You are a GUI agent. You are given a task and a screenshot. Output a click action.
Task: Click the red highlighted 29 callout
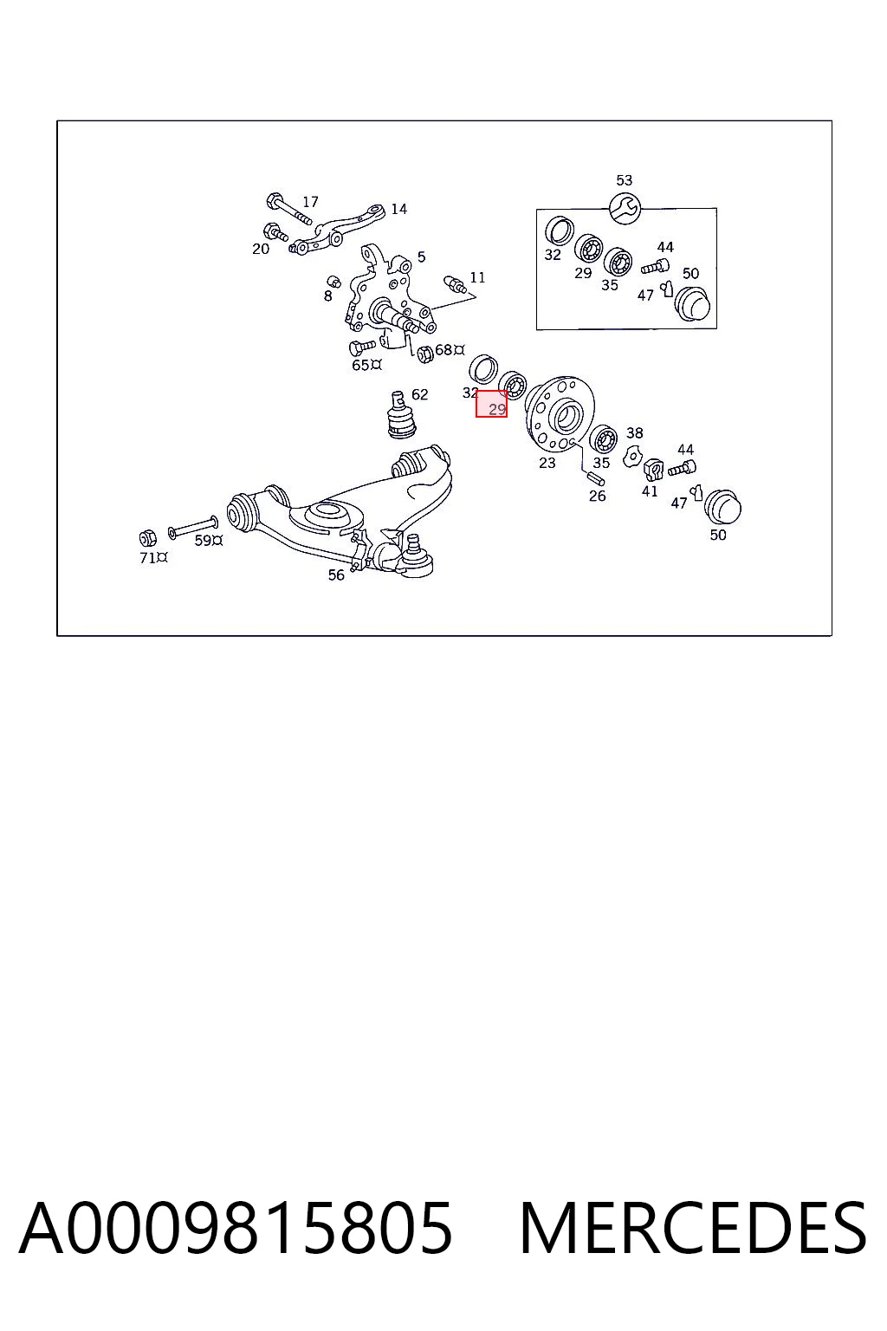491,404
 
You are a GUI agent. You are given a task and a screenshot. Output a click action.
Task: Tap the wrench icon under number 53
625,209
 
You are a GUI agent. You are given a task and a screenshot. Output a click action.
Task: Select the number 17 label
310,202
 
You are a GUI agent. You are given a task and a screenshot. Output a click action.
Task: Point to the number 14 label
398,209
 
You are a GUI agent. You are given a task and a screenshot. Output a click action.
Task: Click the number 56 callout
336,575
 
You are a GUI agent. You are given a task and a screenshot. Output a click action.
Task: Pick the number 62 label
419,394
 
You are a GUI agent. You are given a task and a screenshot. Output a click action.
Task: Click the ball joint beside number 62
401,415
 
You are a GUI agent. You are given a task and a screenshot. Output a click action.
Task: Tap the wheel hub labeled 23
551,413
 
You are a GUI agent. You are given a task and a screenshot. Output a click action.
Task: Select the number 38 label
635,433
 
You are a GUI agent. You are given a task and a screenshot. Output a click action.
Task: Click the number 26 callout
597,497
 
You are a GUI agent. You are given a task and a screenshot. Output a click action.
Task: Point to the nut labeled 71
147,538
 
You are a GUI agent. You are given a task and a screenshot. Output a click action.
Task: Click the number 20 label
260,250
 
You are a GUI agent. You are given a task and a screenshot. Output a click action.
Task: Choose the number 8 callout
328,295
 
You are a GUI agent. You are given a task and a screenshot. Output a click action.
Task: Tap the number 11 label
477,277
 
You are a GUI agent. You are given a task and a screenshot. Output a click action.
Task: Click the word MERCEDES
693,1228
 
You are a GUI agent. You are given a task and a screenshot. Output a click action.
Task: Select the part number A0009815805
236,1228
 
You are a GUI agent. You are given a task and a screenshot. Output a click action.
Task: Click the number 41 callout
650,491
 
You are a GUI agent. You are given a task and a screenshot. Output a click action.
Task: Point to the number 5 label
421,257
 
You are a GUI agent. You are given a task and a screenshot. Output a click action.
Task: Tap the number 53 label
624,180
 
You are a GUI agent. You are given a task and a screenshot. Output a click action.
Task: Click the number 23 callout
547,463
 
